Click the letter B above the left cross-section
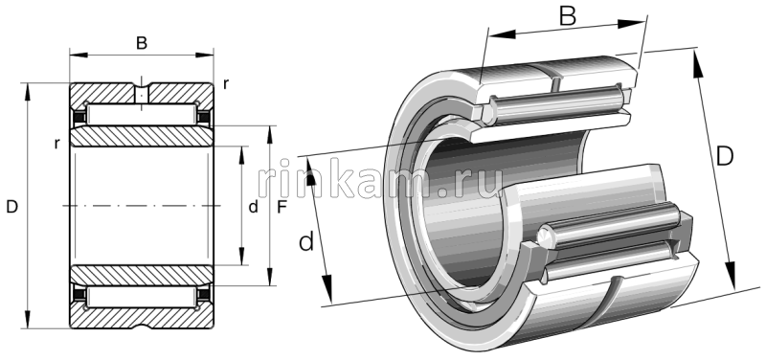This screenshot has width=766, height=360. [x=142, y=42]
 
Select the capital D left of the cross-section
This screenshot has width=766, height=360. [x=12, y=207]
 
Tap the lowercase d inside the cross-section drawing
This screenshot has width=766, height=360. [x=253, y=207]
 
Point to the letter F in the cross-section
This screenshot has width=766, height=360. [x=281, y=207]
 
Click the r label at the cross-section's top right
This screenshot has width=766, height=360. [x=226, y=83]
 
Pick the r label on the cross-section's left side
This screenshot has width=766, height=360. [x=57, y=144]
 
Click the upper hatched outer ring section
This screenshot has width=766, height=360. [x=105, y=96]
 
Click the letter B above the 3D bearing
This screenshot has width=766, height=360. [x=566, y=16]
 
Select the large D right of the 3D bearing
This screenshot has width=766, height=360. [x=725, y=155]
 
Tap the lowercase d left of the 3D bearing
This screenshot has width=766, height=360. [x=306, y=242]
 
